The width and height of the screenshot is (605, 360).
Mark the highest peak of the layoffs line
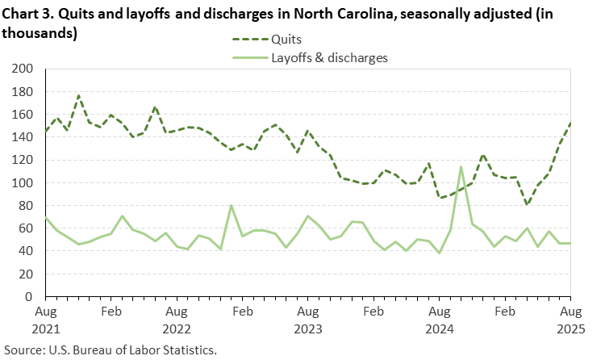click(461, 167)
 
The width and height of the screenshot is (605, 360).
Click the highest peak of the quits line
click(78, 95)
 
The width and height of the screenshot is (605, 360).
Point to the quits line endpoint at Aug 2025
click(570, 123)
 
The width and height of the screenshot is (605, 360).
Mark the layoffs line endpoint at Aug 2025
click(570, 243)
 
